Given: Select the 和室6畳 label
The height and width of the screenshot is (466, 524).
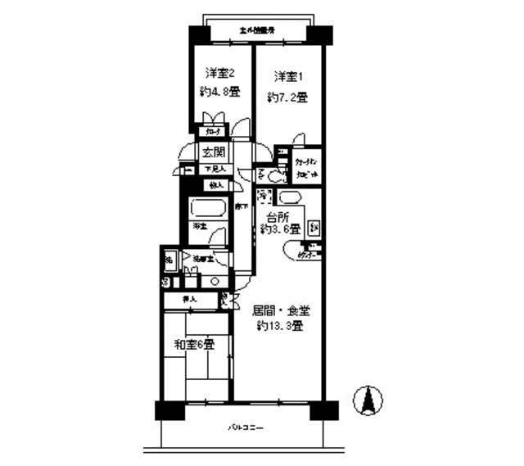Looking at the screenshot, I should click(x=192, y=345).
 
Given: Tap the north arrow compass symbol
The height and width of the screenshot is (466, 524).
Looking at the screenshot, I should click(x=368, y=400).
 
